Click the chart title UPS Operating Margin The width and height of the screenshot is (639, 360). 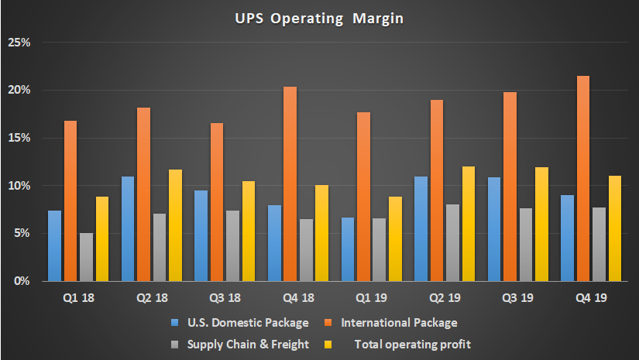[x=319, y=16]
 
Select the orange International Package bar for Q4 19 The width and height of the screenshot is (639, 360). [x=583, y=178]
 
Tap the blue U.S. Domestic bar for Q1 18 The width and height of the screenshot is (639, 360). [x=54, y=245]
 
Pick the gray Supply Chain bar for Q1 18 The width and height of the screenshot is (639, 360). [x=86, y=256]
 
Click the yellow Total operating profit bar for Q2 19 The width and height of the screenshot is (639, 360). [x=468, y=224]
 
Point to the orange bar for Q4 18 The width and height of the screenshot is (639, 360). [x=290, y=183]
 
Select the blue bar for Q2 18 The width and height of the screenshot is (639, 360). [x=128, y=228]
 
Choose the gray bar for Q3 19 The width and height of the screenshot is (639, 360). [x=525, y=245]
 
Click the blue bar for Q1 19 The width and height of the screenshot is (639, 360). [x=347, y=249]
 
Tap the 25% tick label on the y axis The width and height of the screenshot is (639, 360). [x=19, y=43]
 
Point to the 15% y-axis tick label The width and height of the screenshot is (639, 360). [x=19, y=138]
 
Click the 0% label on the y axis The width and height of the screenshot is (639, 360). [x=22, y=281]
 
